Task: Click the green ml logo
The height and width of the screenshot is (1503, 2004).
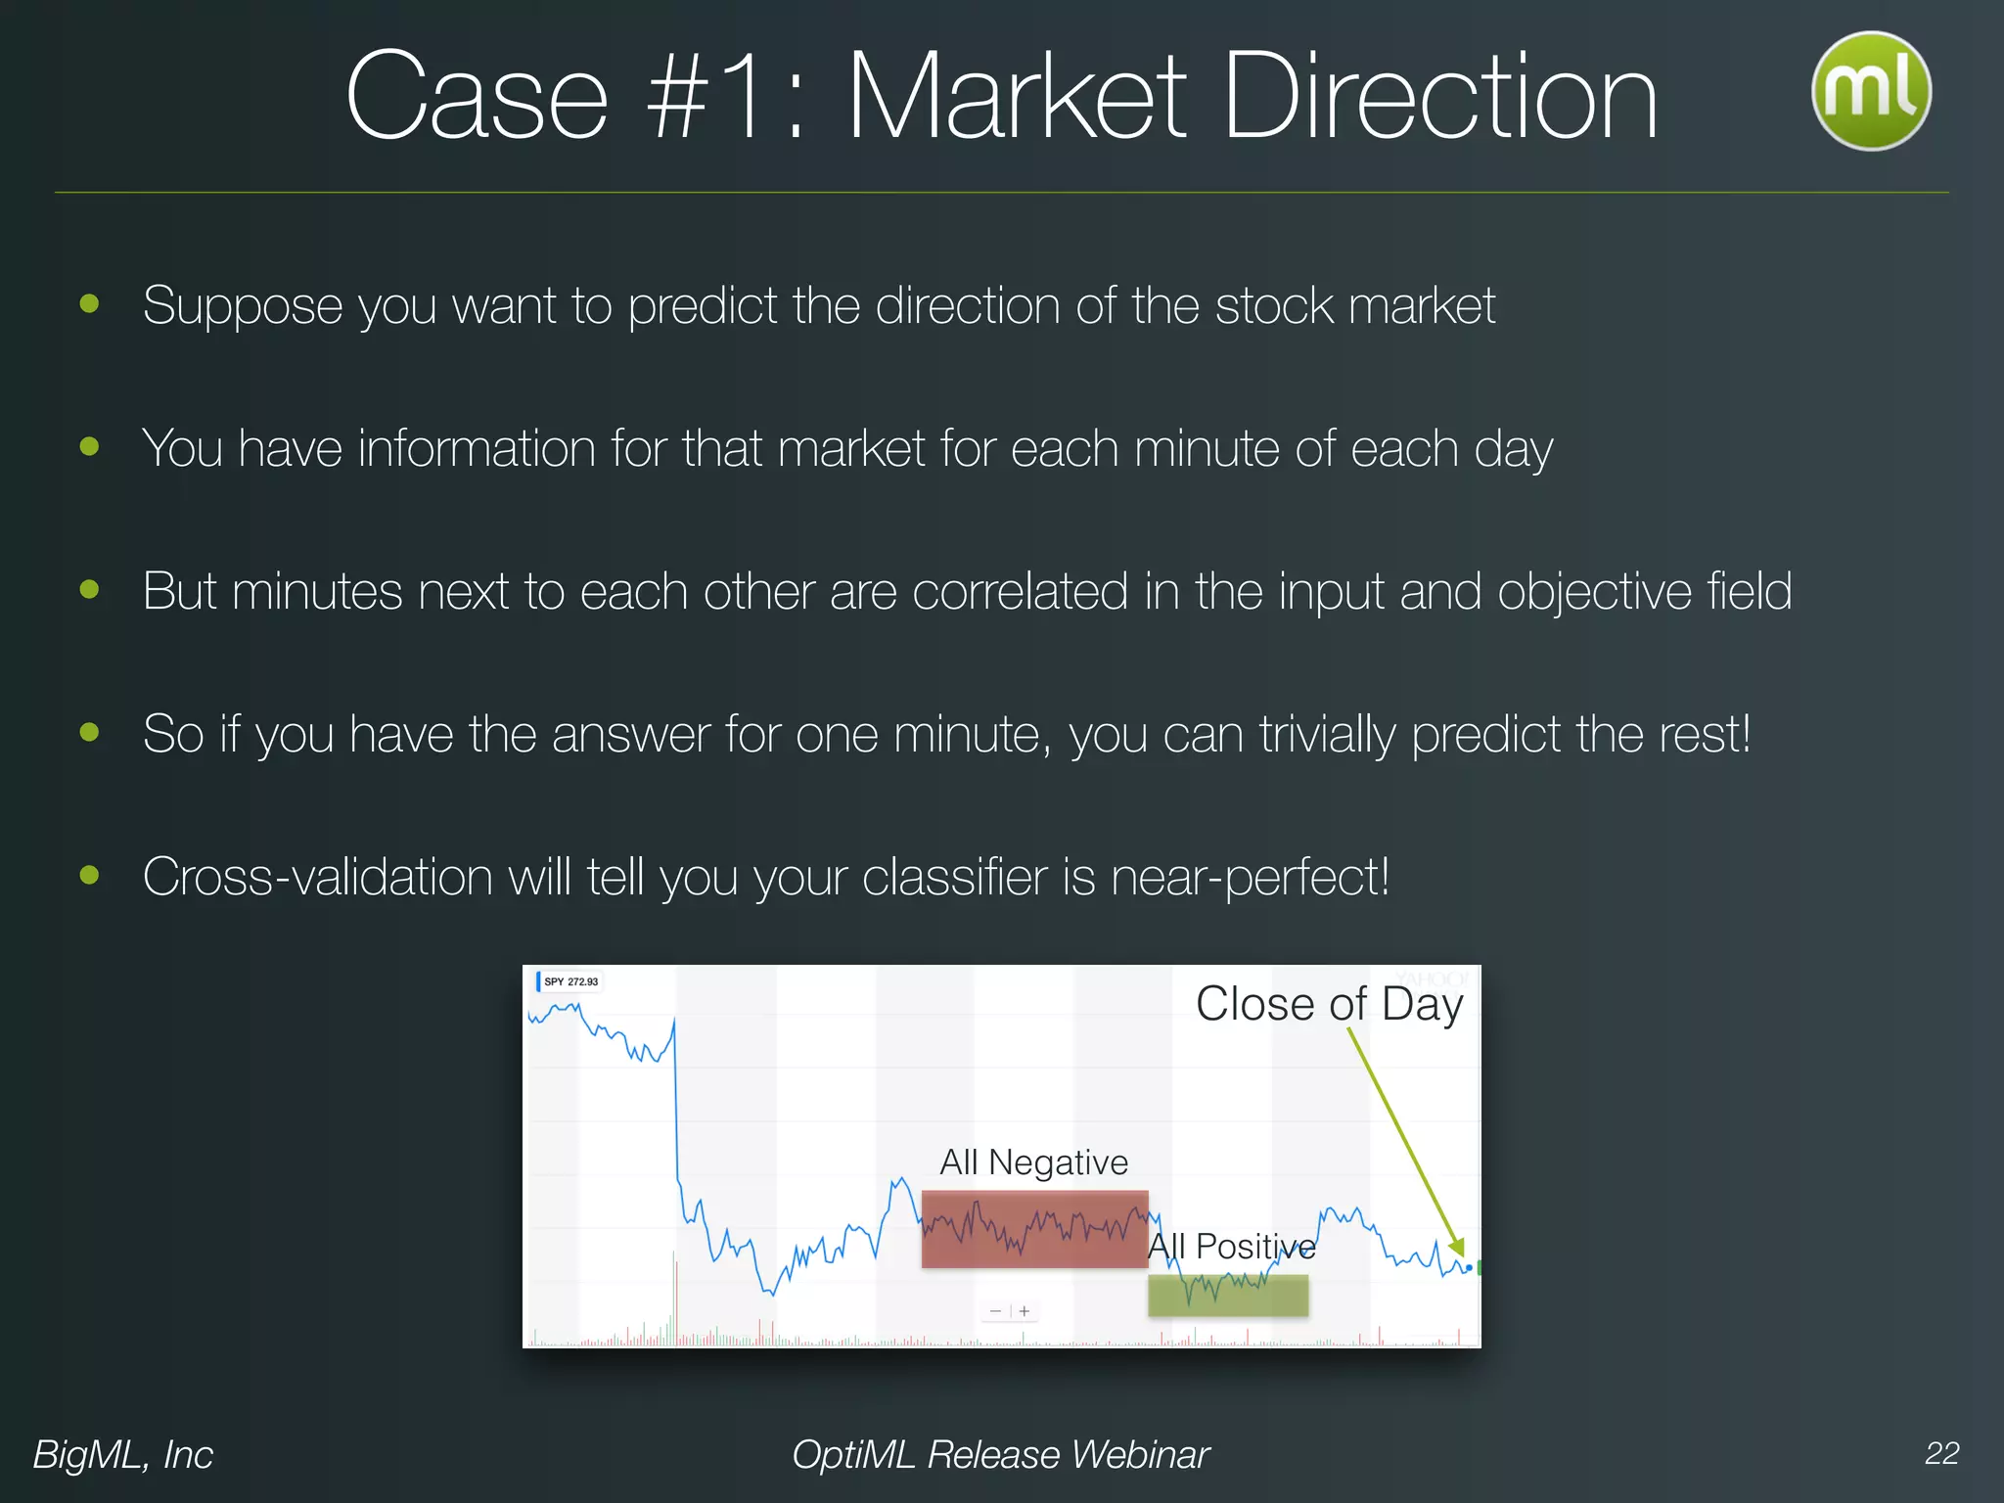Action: coord(1871,90)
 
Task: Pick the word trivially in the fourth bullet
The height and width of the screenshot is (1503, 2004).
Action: coord(1327,734)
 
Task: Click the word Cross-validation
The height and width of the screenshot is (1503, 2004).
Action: coord(317,877)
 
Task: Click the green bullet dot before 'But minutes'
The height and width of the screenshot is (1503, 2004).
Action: coord(90,589)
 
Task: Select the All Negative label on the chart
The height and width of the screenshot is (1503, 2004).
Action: coord(1033,1162)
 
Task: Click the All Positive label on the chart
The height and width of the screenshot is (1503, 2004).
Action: coord(1231,1247)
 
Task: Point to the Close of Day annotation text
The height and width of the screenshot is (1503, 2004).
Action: coord(1329,1004)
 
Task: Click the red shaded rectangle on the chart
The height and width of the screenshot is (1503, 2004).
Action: coord(1034,1229)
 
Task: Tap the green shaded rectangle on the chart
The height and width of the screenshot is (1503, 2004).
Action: coord(1227,1295)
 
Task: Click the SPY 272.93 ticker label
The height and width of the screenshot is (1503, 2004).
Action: coord(569,981)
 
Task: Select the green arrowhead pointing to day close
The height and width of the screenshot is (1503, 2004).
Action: coord(1457,1247)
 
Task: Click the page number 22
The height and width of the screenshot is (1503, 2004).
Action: coord(1941,1453)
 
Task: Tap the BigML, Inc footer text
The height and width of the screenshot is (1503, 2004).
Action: coord(123,1455)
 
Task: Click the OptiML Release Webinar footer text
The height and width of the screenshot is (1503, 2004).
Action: coord(1000,1455)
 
